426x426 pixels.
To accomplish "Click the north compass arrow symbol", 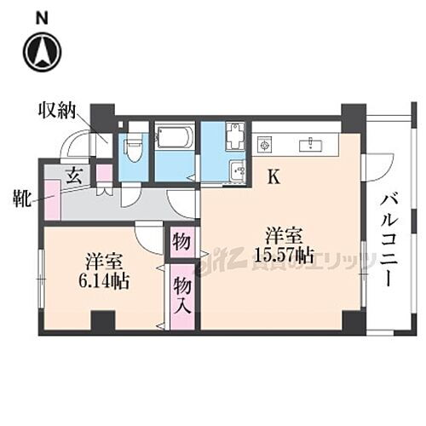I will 41,53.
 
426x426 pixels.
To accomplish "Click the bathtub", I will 175,138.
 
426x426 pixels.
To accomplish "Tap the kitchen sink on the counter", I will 310,145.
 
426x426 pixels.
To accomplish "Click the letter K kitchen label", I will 274,178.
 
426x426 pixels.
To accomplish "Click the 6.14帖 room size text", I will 106,281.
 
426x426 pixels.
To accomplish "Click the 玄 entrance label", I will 74,177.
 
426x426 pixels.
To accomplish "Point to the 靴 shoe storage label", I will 20,201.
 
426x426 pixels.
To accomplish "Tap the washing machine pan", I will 233,137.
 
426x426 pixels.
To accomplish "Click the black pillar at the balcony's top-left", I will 353,115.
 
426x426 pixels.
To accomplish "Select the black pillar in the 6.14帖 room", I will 103,322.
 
